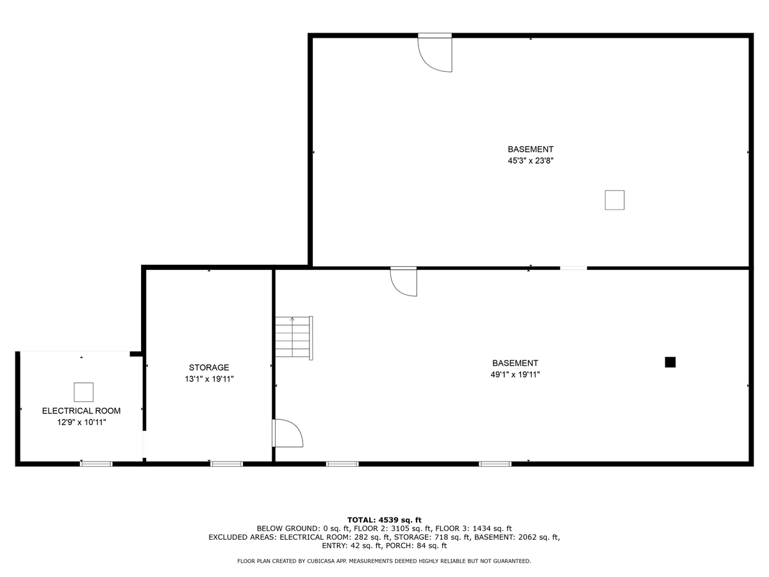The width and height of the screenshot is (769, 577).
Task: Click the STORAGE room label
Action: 209,367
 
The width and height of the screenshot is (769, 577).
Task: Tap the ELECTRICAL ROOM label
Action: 81,410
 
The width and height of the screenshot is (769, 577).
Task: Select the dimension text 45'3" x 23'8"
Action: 531,161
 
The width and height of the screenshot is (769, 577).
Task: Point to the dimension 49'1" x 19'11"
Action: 515,374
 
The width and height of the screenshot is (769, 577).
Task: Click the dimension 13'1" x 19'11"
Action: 209,379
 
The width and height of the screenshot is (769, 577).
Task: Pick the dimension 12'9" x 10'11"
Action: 81,422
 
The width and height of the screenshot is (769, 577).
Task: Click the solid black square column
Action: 670,362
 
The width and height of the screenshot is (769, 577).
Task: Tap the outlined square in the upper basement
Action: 615,200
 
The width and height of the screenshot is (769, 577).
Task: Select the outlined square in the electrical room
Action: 83,392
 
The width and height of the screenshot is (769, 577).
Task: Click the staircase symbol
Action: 294,338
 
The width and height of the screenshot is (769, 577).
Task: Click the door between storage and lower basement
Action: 288,433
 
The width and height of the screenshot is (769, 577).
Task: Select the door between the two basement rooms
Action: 404,281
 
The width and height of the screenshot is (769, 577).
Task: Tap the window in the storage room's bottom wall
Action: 226,464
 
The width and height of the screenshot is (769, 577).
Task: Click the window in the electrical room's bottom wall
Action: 96,464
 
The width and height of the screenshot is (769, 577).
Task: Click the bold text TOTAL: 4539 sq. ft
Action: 384,520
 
